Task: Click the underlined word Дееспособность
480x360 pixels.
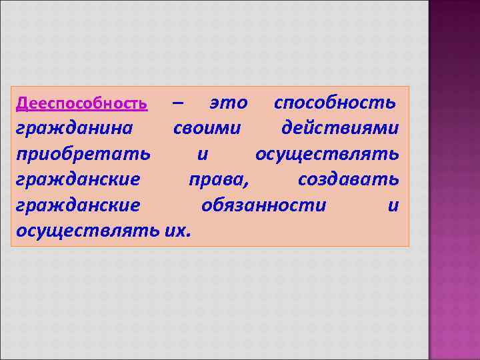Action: (81, 104)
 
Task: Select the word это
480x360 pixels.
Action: (228, 104)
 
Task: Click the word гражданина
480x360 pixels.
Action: (74, 129)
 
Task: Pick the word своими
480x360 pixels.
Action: (207, 129)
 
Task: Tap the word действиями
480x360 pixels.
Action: (341, 129)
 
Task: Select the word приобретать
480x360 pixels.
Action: (83, 155)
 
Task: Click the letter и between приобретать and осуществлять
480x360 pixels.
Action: (203, 155)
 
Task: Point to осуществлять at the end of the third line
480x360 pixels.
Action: (327, 155)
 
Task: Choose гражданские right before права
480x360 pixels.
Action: (78, 180)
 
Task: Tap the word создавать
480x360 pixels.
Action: (349, 180)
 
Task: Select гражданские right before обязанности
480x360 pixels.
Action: (78, 206)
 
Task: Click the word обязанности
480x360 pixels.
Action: (264, 206)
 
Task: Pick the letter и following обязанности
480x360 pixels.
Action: (393, 206)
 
